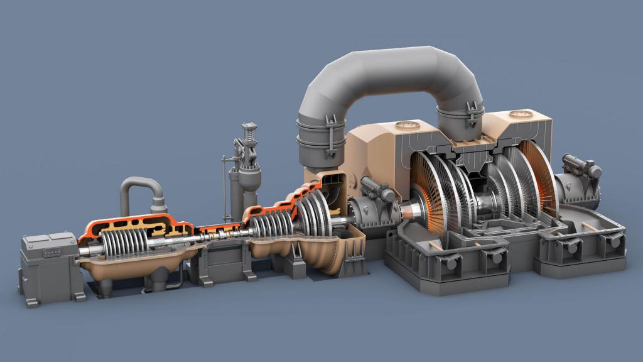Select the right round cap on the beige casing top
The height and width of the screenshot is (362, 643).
tap(521, 114)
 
